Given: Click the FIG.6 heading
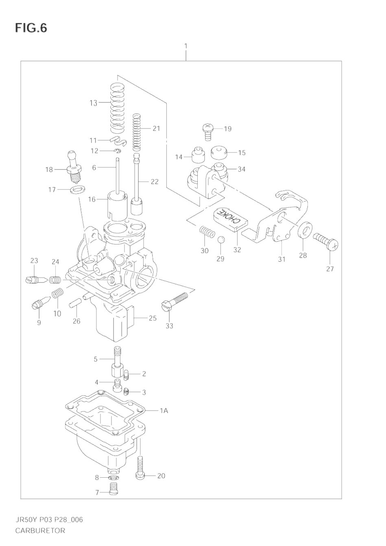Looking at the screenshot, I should click(31, 28).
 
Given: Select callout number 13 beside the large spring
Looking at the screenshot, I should click(94, 103).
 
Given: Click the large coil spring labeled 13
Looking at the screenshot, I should click(118, 108).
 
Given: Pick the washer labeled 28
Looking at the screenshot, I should click(305, 230).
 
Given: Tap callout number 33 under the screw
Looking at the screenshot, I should click(169, 326).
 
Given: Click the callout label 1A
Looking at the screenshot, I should click(163, 411).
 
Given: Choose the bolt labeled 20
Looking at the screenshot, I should click(141, 468).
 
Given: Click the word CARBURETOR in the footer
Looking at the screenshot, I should click(40, 531).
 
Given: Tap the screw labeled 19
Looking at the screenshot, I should click(208, 132).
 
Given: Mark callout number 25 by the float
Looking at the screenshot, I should click(152, 318).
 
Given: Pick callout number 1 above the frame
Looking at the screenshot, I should click(185, 46).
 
